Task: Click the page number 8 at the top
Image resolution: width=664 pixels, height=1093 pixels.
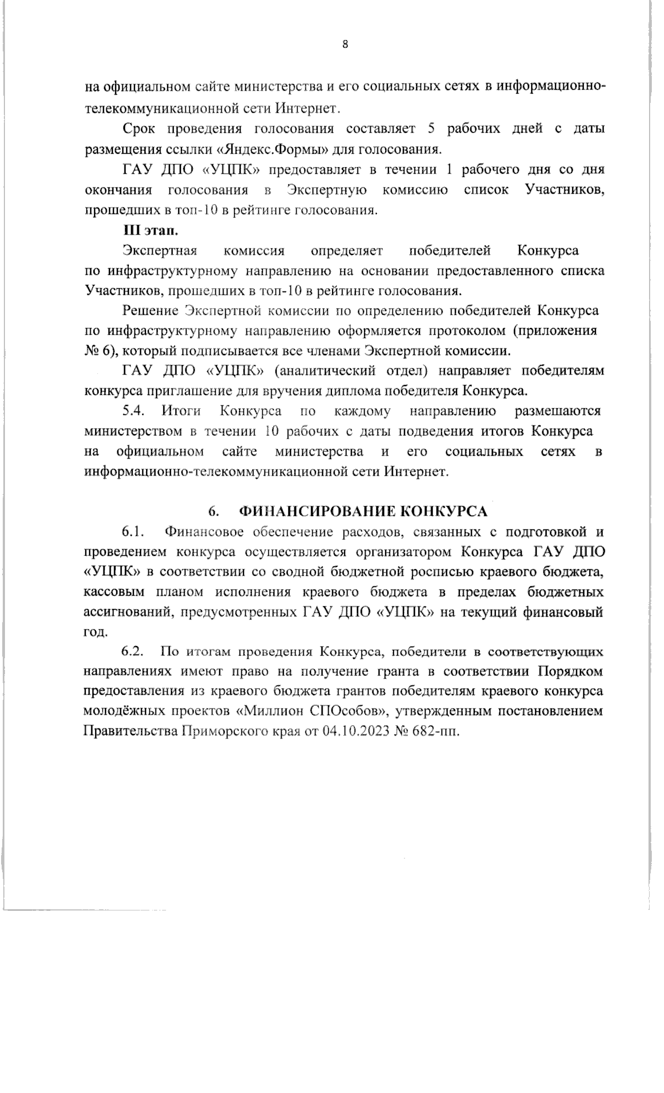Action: pos(345,45)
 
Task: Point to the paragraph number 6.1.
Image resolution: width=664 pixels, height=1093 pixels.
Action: pos(133,533)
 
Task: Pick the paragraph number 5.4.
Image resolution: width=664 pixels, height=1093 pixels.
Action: pos(133,412)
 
